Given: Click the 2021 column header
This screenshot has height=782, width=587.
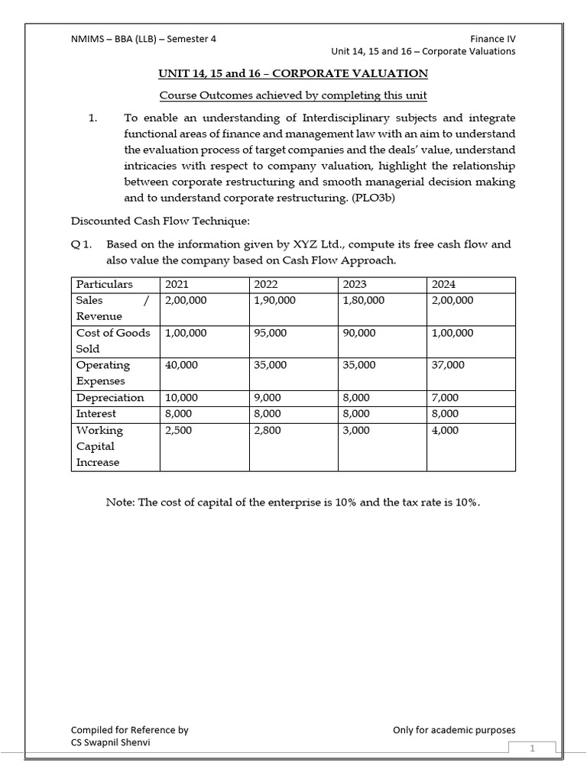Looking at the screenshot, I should [x=177, y=284].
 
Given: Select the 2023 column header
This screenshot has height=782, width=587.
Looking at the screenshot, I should [x=355, y=284].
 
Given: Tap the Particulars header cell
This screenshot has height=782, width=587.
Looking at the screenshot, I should [x=104, y=284].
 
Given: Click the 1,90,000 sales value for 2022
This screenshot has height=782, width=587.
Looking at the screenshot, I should [x=274, y=300].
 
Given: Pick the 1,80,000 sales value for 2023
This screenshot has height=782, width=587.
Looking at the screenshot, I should [x=364, y=300].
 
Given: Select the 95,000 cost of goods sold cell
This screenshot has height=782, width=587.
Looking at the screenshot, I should [x=271, y=333].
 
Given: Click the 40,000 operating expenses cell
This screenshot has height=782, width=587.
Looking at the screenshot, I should [x=181, y=365].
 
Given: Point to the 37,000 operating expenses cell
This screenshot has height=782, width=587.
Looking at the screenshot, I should [x=448, y=365].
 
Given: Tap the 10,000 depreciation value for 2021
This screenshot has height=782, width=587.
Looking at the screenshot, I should [x=181, y=397].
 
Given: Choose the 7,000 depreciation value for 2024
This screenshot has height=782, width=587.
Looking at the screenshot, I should [x=446, y=397].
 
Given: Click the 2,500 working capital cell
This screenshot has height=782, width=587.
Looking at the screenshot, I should [x=178, y=430].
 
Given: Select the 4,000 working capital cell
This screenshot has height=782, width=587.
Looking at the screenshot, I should [x=446, y=430].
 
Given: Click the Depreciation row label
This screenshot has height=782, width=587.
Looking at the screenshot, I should [x=110, y=397].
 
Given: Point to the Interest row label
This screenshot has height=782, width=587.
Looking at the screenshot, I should [x=96, y=413].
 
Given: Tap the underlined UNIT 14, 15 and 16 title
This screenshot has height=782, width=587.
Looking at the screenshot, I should [x=293, y=73].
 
